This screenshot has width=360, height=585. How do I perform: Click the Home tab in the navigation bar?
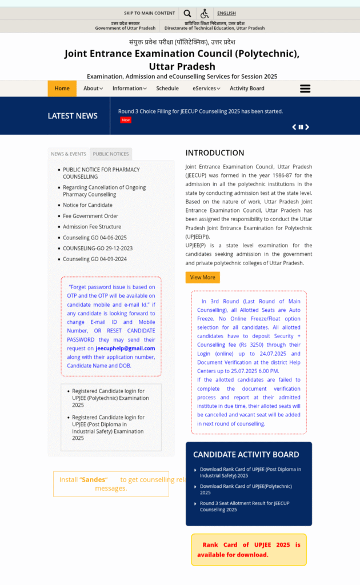62,89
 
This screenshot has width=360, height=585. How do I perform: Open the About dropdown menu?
93,89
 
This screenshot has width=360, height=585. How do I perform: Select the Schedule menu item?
167,89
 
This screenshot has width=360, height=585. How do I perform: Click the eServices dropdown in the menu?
206,89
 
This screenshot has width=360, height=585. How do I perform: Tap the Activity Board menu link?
247,89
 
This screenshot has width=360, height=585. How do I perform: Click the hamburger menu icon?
305,89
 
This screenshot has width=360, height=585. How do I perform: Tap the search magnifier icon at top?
187,13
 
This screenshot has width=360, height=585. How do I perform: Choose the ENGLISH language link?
226,13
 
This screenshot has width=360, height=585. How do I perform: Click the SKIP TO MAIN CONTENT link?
150,13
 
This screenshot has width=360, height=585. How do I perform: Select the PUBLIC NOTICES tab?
111,154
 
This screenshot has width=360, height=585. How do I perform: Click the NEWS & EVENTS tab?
69,154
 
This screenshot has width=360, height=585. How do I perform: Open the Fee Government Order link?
90,216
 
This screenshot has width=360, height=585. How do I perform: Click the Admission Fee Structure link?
92,227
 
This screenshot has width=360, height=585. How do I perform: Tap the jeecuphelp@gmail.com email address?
125,348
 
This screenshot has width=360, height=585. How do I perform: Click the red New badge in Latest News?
126,120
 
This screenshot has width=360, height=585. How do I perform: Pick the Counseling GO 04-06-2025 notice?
95,238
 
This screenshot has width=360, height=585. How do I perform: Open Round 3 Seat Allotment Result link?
245,506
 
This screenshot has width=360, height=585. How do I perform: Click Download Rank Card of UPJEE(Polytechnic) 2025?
246,489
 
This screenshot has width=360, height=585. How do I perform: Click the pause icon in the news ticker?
301,127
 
